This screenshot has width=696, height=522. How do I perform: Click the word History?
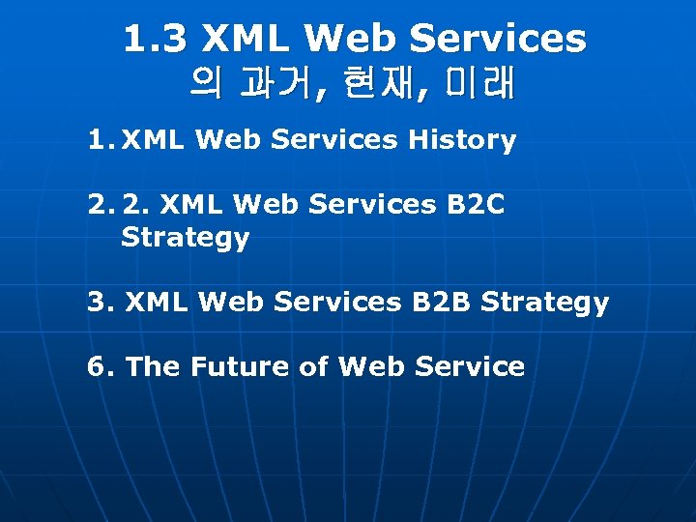[462, 140]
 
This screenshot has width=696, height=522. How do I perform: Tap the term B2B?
[441, 303]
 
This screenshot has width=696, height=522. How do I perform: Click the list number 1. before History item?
[101, 140]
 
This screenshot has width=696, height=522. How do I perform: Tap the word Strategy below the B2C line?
[185, 238]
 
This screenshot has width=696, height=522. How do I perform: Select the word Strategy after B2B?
[545, 303]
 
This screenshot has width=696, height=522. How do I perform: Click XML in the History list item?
[154, 140]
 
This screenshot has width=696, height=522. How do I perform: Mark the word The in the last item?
[154, 366]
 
